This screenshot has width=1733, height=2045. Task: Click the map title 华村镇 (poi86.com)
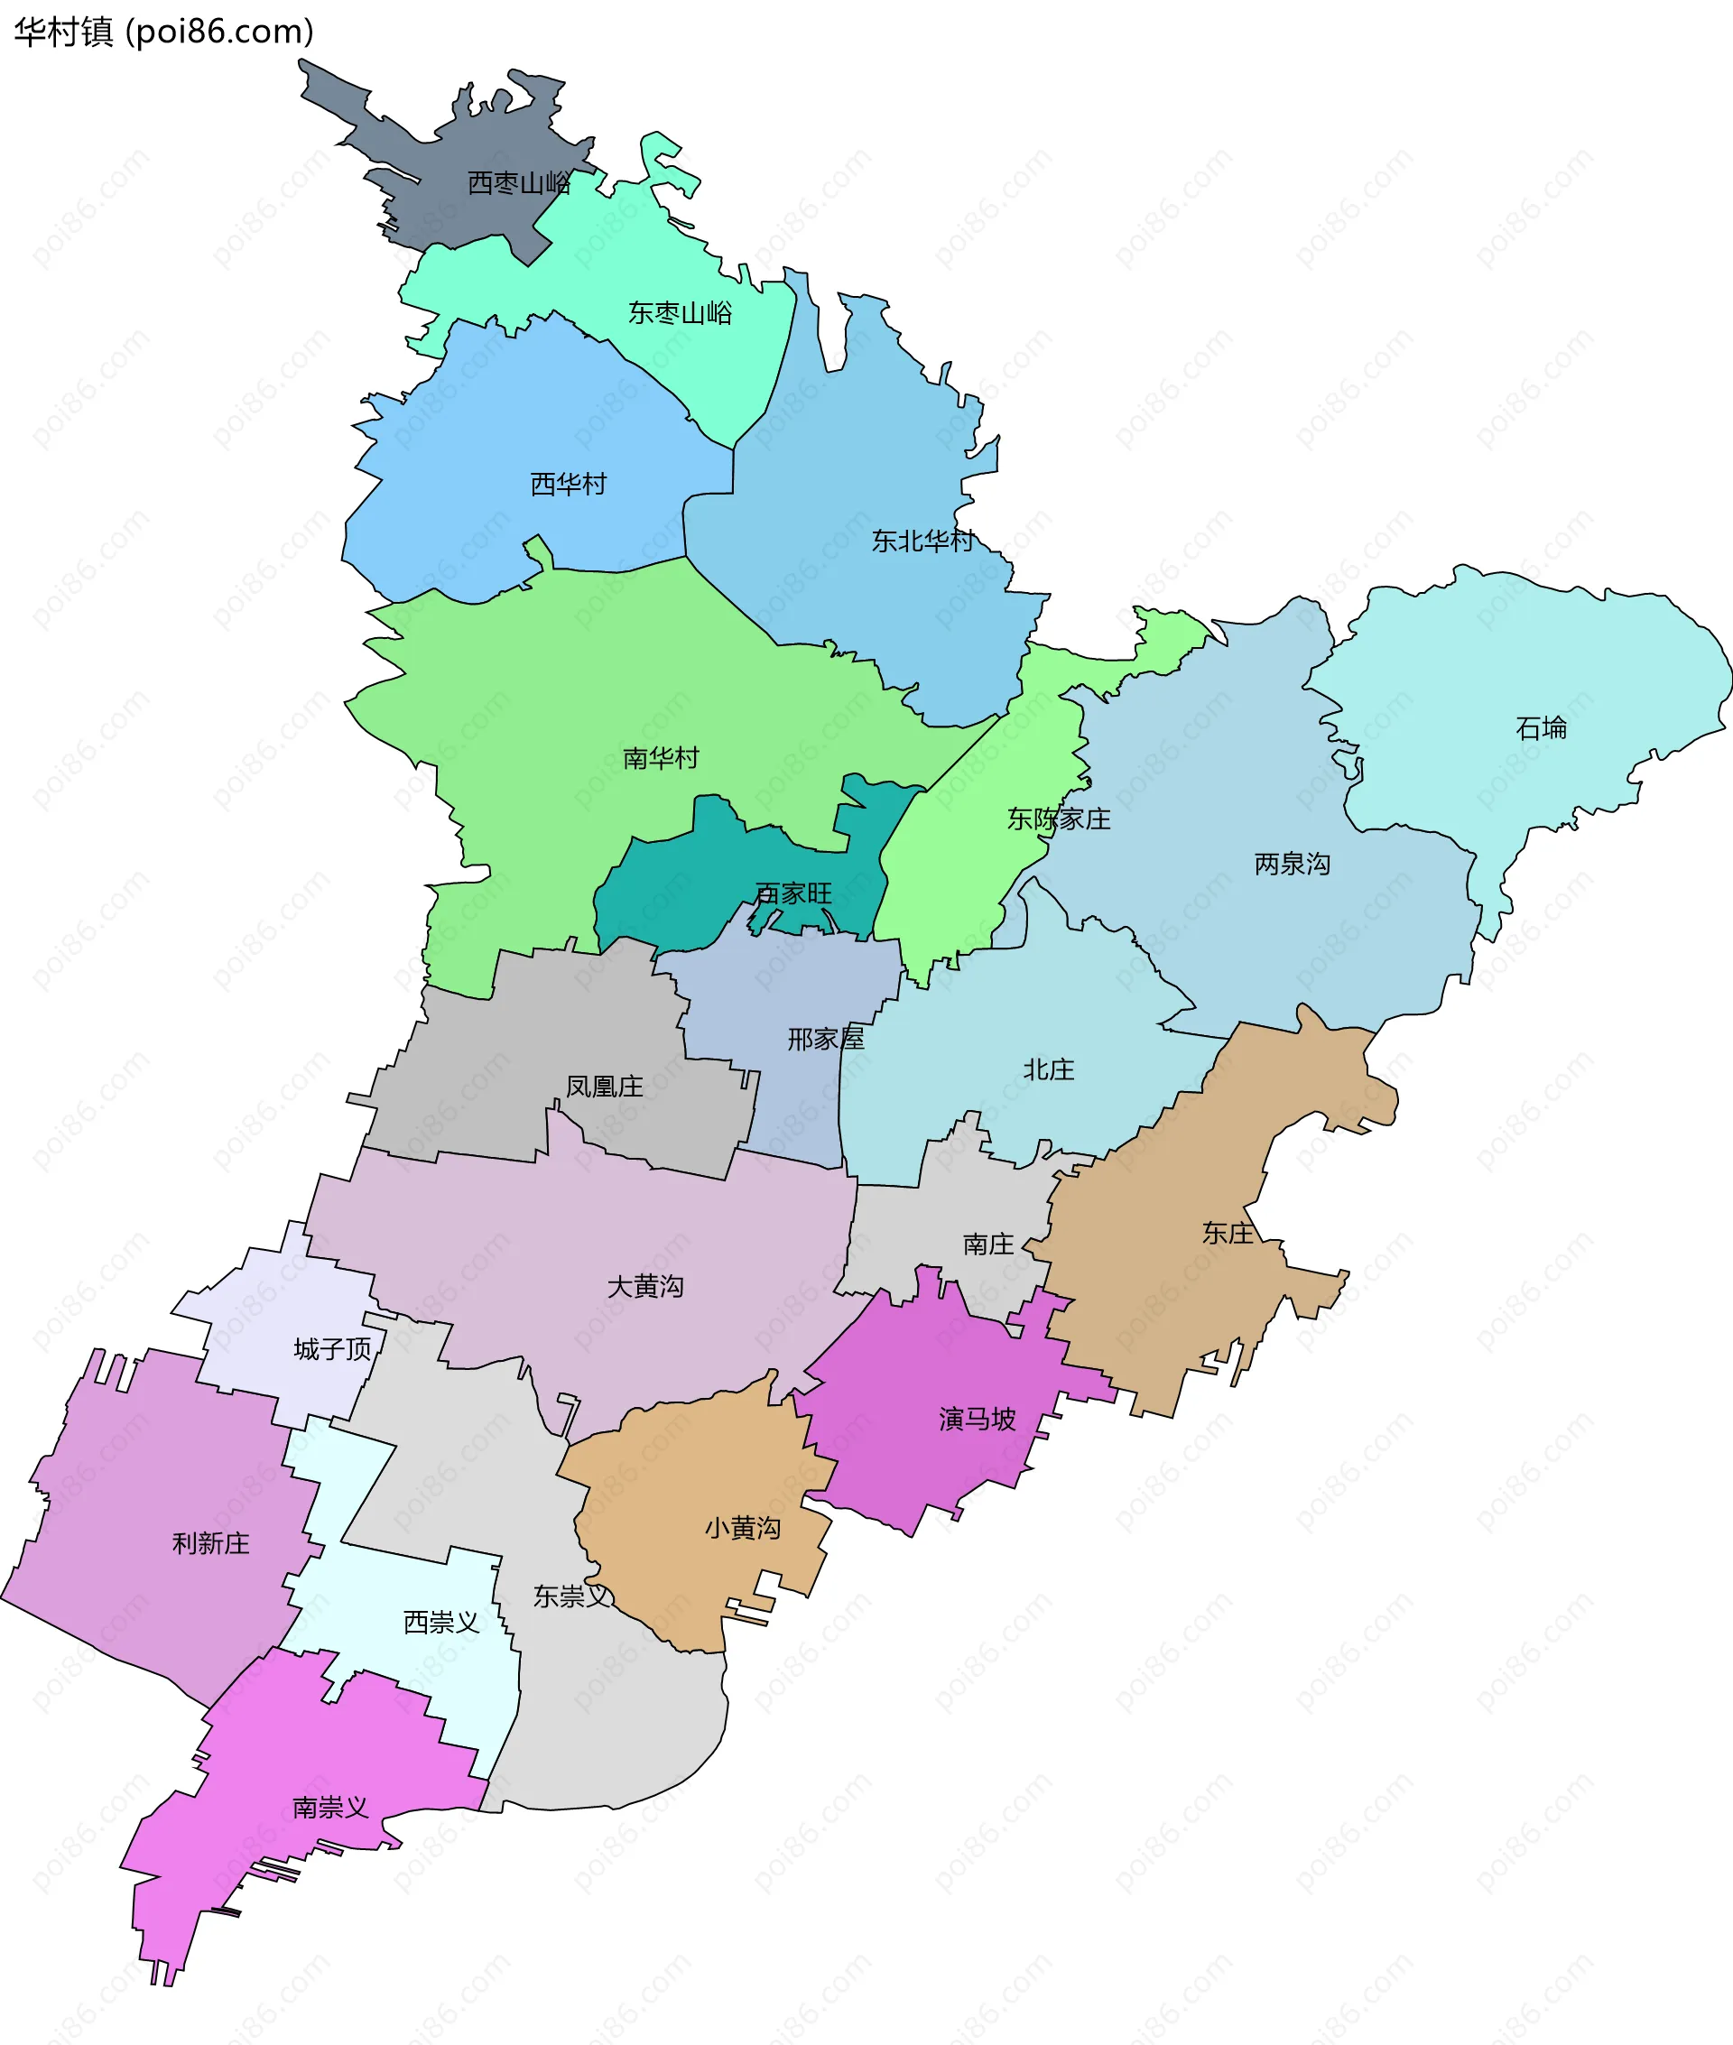point(164,32)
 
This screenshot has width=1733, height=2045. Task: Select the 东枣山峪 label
point(680,313)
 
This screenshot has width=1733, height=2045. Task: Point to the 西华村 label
point(568,485)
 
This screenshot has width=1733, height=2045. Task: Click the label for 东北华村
point(922,541)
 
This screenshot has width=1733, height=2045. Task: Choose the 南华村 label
point(660,758)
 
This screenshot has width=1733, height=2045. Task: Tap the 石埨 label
point(1541,727)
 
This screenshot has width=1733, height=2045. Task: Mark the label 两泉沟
point(1292,865)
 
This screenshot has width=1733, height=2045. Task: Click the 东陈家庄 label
point(1058,819)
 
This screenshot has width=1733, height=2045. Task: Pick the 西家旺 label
point(792,893)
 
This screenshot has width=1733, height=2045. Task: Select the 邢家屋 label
point(825,1040)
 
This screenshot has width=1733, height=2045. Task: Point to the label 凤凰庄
point(604,1087)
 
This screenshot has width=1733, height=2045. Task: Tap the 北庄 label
point(1048,1069)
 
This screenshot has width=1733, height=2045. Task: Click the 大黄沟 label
point(644,1287)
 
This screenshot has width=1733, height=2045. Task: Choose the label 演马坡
point(977,1420)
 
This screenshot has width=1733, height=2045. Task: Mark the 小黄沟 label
point(743,1529)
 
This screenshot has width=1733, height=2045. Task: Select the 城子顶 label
point(333,1349)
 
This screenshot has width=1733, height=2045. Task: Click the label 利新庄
point(210,1544)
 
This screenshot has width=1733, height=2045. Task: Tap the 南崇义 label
point(330,1808)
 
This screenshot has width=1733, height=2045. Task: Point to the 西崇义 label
point(441,1623)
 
